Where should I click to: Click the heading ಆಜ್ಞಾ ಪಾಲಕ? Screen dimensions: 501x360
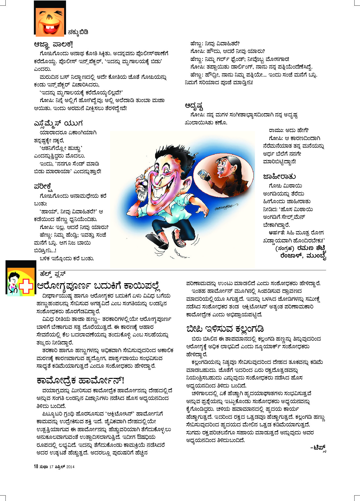53,44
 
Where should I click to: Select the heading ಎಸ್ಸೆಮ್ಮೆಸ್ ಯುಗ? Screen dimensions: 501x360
58,123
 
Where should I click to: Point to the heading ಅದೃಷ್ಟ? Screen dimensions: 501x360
194,106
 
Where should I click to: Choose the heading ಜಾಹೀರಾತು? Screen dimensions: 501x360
279,177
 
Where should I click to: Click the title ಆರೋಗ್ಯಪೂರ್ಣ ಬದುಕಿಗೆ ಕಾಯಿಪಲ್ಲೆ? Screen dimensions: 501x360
98,285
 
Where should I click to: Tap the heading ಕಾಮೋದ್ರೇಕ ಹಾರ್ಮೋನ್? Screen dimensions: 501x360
80,380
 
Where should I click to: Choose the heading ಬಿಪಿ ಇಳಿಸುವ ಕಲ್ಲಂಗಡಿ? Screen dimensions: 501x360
225,328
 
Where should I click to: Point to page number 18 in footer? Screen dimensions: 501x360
36,467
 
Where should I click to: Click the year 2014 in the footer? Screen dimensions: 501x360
70,467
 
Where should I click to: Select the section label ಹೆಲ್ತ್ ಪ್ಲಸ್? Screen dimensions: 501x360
53,274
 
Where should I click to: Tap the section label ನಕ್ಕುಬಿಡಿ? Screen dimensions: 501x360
78,32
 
